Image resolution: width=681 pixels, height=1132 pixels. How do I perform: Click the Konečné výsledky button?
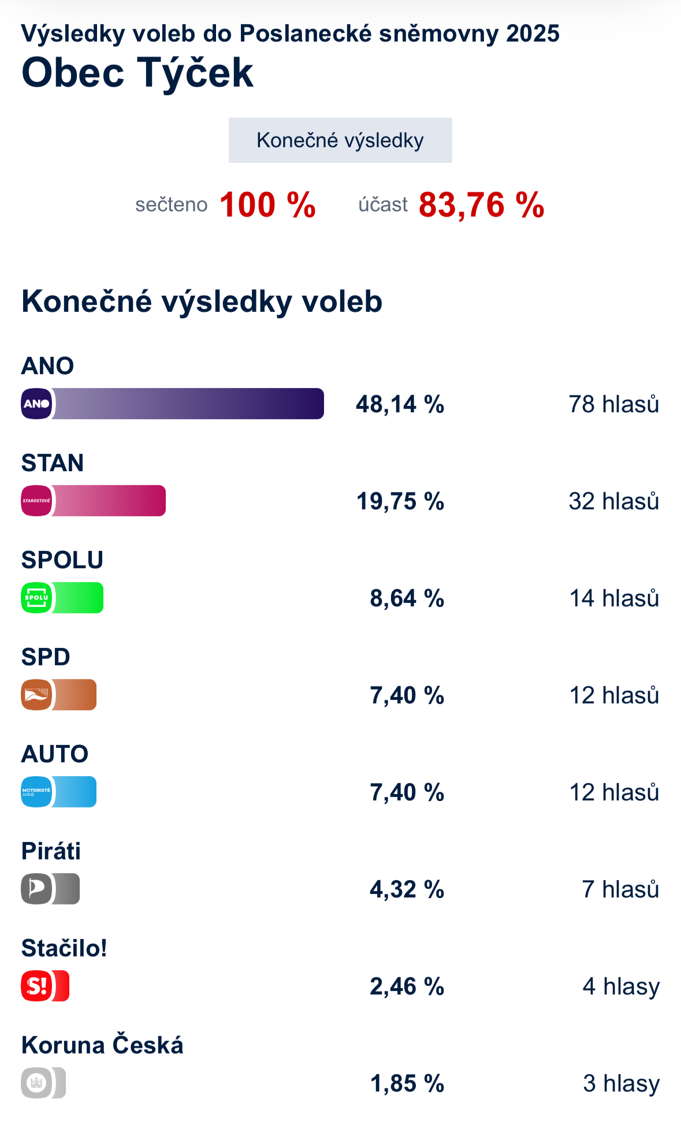point(340,140)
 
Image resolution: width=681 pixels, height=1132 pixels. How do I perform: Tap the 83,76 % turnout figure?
point(481,205)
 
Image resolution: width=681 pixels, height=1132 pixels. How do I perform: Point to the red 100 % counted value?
point(267,205)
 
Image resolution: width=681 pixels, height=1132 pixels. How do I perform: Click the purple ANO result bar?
point(188,404)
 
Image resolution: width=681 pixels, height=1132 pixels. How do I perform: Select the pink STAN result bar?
point(109,501)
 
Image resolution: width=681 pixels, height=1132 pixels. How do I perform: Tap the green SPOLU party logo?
point(36,598)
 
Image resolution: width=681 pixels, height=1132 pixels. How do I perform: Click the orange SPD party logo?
point(36,695)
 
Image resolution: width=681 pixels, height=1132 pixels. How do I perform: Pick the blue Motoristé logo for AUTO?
point(36,792)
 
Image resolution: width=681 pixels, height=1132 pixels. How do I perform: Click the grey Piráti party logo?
point(36,889)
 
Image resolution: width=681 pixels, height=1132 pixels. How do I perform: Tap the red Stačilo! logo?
point(36,986)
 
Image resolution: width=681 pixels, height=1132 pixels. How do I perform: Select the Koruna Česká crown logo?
point(36,1083)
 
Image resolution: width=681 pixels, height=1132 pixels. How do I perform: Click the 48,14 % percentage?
point(400,404)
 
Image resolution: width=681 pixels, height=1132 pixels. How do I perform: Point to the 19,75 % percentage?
point(400,501)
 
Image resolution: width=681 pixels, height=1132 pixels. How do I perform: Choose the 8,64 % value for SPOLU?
point(407,598)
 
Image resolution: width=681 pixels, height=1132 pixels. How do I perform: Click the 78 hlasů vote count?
point(613,404)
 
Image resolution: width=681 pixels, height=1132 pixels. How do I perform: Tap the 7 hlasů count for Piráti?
point(620,889)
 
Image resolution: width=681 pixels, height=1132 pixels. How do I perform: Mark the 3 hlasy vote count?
point(621,1083)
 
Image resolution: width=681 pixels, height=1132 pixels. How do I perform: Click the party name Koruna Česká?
point(102,1045)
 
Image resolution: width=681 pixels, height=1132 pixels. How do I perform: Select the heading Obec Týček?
point(137,73)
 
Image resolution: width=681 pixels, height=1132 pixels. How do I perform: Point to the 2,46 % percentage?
point(407,986)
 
